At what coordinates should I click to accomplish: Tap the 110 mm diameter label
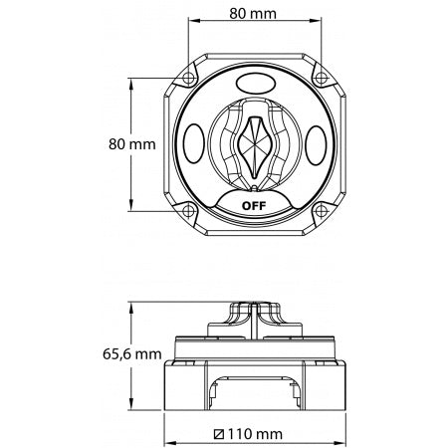[x=256, y=435]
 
